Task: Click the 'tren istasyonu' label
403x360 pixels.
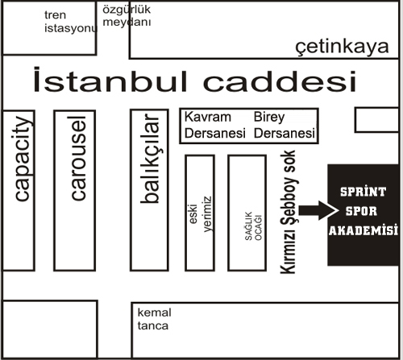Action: pos(70,22)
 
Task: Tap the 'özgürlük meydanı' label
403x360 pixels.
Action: pos(127,16)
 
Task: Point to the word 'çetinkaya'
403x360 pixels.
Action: pos(342,47)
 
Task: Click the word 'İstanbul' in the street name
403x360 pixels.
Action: pos(110,80)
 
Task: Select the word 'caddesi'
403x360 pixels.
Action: pos(280,81)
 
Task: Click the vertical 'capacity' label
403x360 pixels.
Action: pos(21,159)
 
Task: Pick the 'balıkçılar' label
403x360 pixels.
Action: pos(150,159)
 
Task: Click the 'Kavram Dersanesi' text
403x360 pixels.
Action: pos(215,125)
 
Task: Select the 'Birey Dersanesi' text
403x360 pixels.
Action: pos(285,125)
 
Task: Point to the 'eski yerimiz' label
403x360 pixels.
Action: pos(201,214)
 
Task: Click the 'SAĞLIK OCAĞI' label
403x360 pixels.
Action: pos(253,226)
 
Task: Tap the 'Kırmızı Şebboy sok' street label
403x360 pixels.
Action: pos(289,212)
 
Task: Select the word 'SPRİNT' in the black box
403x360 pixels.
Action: pos(364,192)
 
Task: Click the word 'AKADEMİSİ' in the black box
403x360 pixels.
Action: pos(364,230)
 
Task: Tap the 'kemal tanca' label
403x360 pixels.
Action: pos(154,319)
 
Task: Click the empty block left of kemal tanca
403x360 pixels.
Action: pos(50,329)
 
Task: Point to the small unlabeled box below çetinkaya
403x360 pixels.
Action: pos(377,120)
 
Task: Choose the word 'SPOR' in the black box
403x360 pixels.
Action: pos(361,211)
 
